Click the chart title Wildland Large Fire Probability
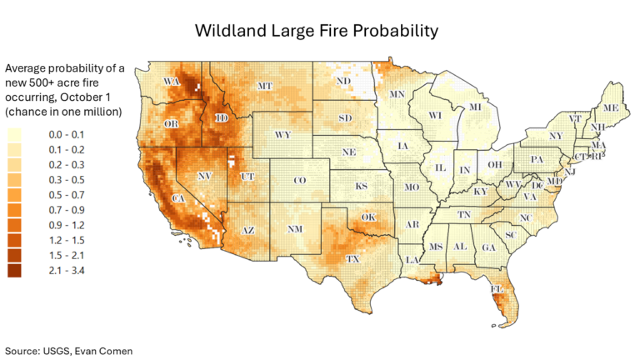(x=316, y=32)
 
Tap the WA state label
(x=172, y=81)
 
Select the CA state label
(x=177, y=198)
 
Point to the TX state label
(x=352, y=259)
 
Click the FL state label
(x=497, y=290)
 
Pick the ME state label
(x=611, y=108)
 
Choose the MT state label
(x=265, y=86)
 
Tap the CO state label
(x=301, y=181)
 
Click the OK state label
(x=368, y=217)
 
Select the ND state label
(x=342, y=82)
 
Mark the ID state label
(x=222, y=119)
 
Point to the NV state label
(x=203, y=176)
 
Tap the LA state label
(x=412, y=260)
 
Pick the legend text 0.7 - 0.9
(x=67, y=209)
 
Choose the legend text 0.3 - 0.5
(x=67, y=179)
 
